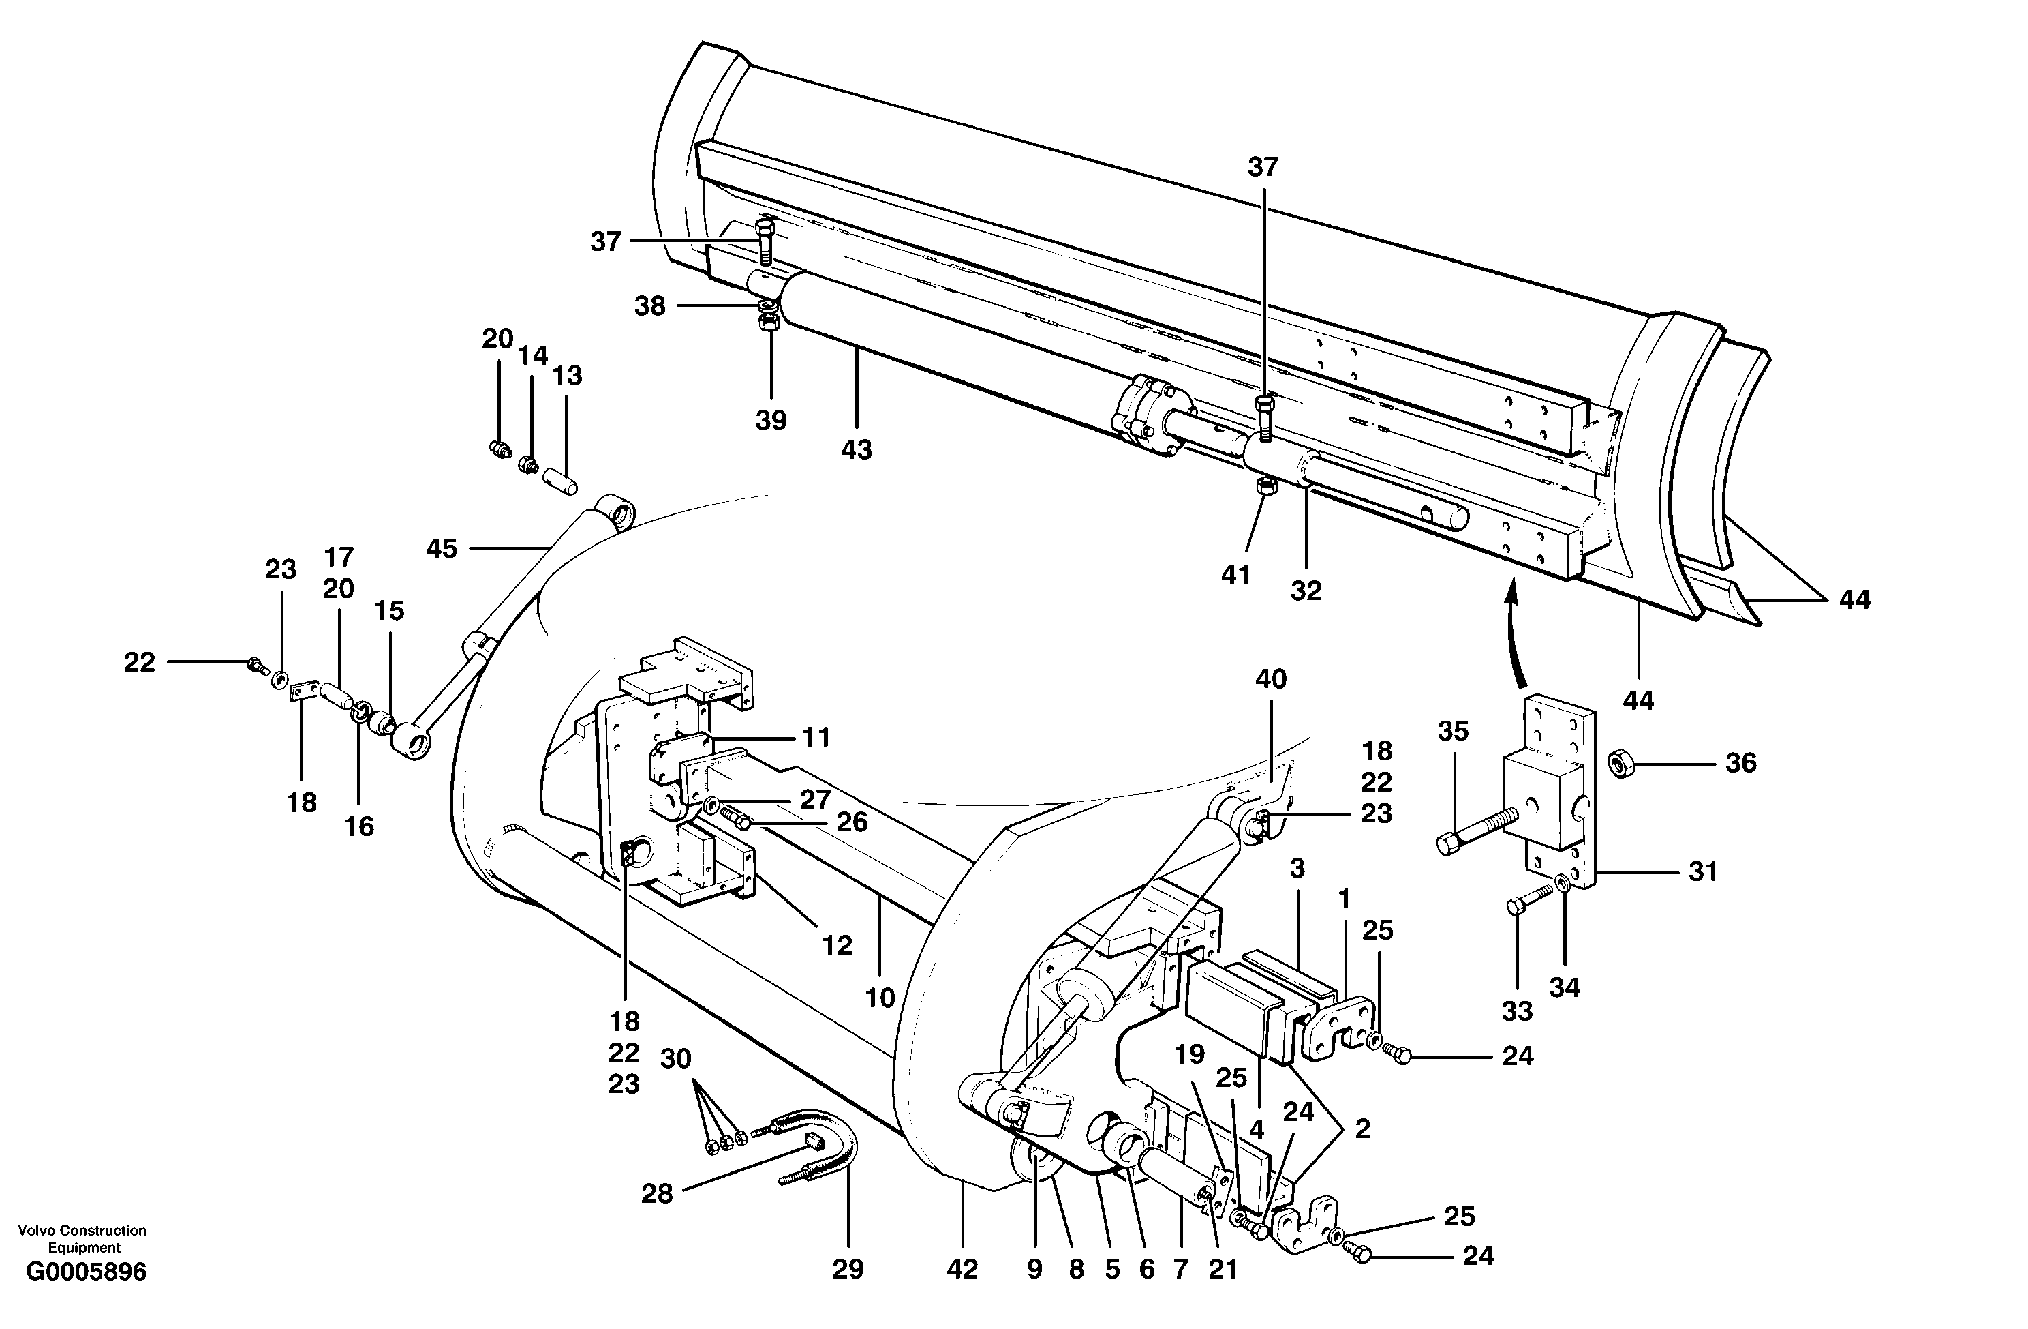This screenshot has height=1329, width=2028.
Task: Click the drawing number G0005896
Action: coord(86,1272)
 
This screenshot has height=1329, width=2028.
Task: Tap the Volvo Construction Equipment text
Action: coord(82,1238)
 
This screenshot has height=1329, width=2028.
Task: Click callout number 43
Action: coord(857,450)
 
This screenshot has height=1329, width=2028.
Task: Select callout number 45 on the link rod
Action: coord(442,548)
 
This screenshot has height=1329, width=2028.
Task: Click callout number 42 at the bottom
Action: coord(962,1269)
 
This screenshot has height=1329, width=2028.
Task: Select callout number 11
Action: coord(816,736)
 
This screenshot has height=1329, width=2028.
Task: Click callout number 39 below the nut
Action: coord(771,420)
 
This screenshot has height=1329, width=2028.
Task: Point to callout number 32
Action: coord(1306,590)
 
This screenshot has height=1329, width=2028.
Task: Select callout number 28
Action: coord(657,1193)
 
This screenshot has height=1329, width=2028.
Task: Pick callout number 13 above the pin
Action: coord(568,375)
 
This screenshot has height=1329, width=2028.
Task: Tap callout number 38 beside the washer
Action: coord(649,306)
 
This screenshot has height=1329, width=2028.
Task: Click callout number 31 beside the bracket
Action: coord(1702,871)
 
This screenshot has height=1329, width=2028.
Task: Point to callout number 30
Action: coord(676,1059)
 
